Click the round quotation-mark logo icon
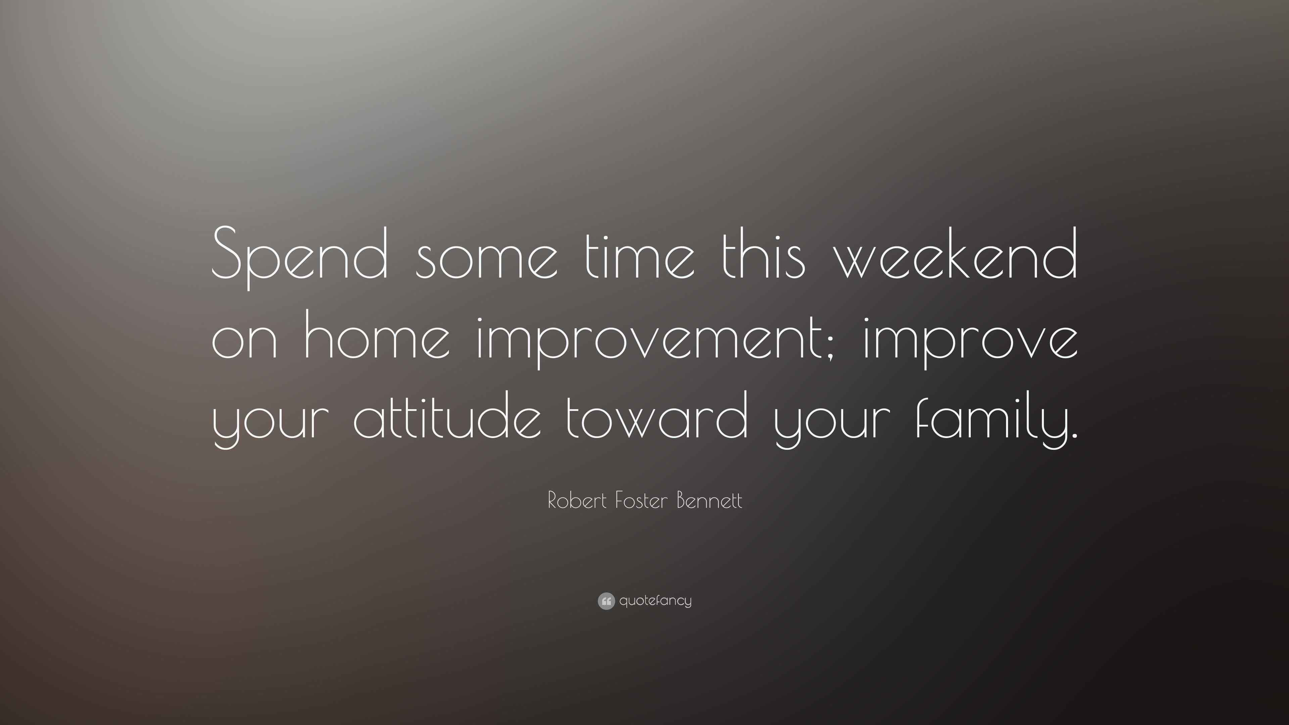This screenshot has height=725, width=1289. (x=606, y=601)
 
